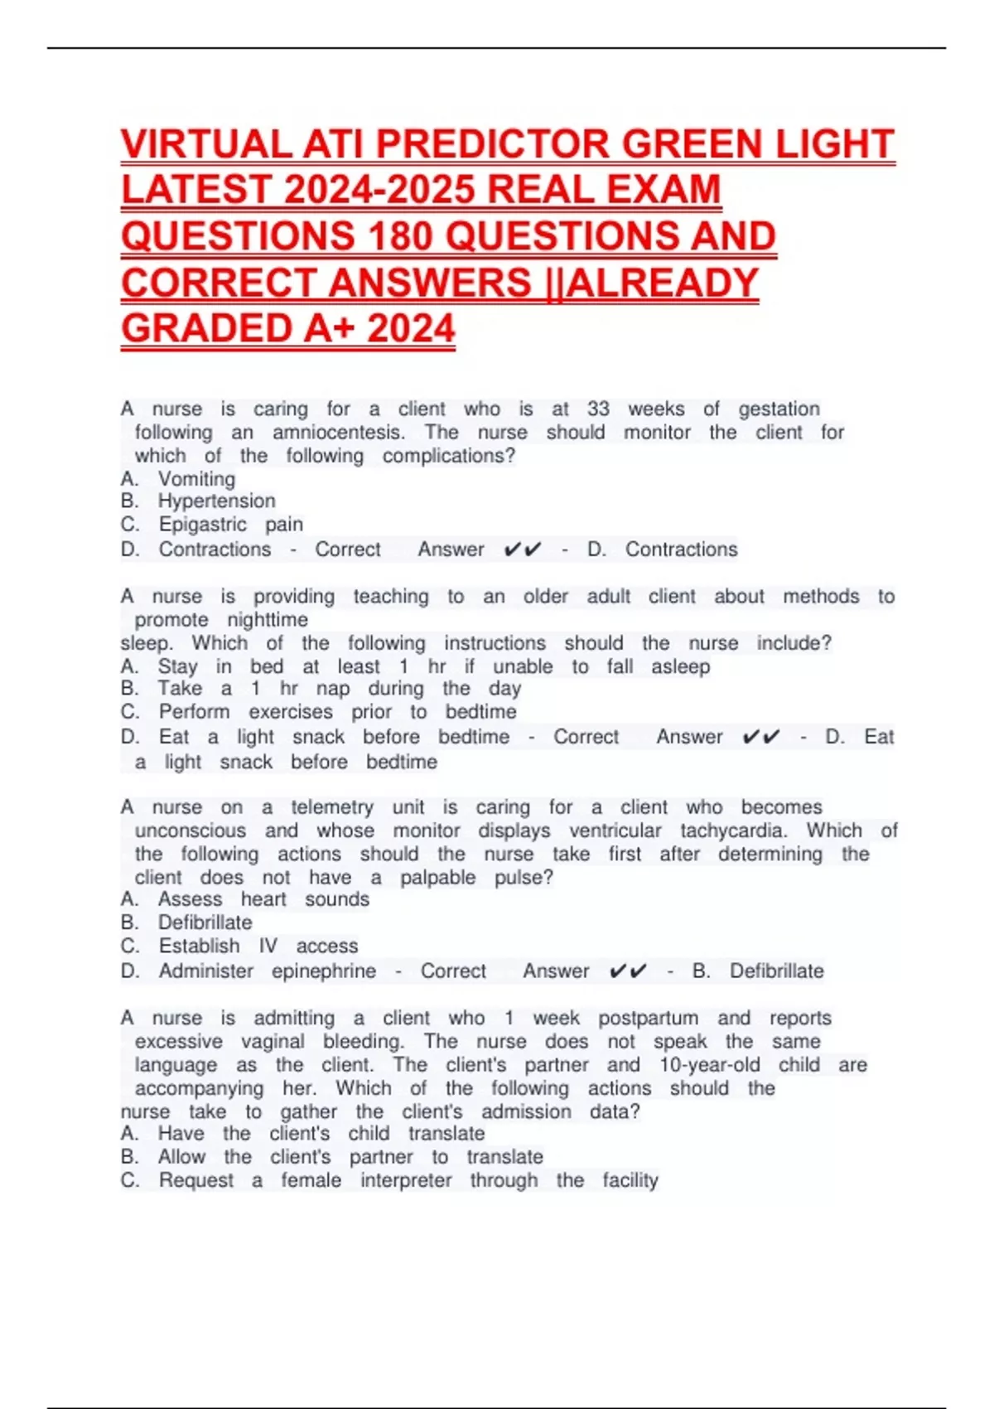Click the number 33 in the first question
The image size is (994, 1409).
pyautogui.click(x=598, y=409)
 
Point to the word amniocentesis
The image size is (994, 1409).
pyautogui.click(x=339, y=432)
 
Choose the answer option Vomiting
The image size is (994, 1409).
pyautogui.click(x=196, y=479)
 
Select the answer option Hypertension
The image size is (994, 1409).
pyautogui.click(x=216, y=501)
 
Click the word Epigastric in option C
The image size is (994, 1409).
pyautogui.click(x=203, y=525)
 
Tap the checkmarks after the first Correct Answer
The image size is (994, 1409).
pyautogui.click(x=523, y=550)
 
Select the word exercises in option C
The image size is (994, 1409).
pyautogui.click(x=291, y=712)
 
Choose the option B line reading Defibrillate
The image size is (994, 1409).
pyautogui.click(x=205, y=922)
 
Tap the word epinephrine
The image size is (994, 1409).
pyautogui.click(x=324, y=971)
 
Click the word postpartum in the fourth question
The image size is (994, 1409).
pyautogui.click(x=648, y=1018)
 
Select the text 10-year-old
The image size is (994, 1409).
pyautogui.click(x=709, y=1065)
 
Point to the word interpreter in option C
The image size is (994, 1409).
pyautogui.click(x=406, y=1180)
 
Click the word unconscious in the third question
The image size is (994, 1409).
pyautogui.click(x=191, y=830)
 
